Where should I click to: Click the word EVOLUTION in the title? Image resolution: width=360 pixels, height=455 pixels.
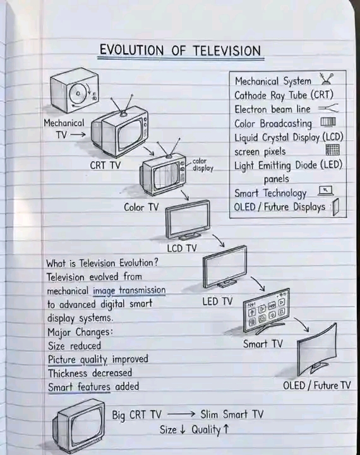click(132, 50)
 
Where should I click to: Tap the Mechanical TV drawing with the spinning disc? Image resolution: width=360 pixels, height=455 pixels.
click(75, 90)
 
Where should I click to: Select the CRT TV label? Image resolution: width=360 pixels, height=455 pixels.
click(105, 165)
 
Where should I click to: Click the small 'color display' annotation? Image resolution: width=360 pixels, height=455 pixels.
click(203, 165)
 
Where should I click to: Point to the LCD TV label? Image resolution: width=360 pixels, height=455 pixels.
click(182, 248)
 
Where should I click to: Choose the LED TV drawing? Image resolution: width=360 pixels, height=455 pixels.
click(225, 266)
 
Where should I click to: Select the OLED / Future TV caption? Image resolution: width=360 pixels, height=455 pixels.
click(317, 386)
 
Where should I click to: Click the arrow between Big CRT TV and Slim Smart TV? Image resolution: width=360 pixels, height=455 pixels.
click(181, 414)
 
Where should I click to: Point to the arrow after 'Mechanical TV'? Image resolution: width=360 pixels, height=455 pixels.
click(78, 134)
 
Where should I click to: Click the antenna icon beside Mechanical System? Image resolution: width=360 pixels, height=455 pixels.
click(327, 79)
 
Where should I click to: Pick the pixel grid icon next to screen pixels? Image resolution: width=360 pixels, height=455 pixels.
click(332, 150)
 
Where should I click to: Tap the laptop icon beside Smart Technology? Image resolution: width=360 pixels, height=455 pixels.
click(326, 191)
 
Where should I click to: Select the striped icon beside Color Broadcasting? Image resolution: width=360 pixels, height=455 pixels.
click(328, 122)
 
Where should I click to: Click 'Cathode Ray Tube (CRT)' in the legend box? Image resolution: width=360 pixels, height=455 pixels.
click(284, 95)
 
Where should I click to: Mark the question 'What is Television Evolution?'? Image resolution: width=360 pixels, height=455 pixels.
click(102, 263)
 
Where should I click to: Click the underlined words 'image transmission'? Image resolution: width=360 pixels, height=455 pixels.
click(129, 291)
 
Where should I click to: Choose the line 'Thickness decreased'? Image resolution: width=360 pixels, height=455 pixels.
click(90, 373)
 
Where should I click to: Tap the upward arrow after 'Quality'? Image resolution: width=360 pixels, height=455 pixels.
click(226, 429)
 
